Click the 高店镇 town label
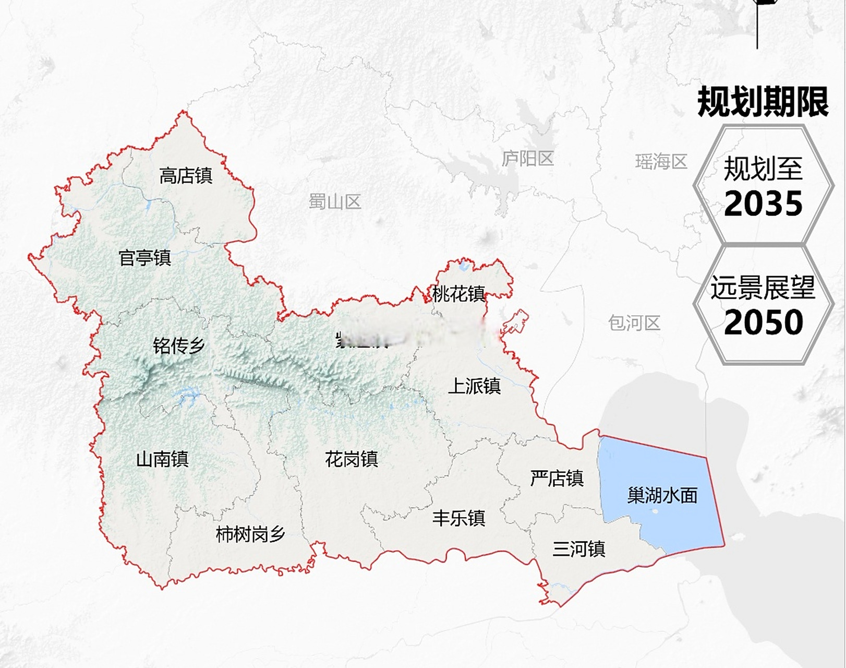pyautogui.click(x=186, y=176)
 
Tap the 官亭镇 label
pyautogui.click(x=145, y=258)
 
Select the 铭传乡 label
pyautogui.click(x=179, y=345)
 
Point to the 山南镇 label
pyautogui.click(x=162, y=459)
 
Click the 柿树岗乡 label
pyautogui.click(x=250, y=534)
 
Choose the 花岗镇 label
pyautogui.click(x=351, y=459)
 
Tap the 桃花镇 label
pyautogui.click(x=458, y=294)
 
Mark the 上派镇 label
pyautogui.click(x=474, y=386)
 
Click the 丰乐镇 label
pyautogui.click(x=458, y=518)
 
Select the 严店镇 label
pyautogui.click(x=557, y=478)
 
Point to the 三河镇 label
pyautogui.click(x=579, y=549)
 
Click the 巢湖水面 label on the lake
pyautogui.click(x=662, y=495)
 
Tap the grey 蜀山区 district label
pyautogui.click(x=335, y=201)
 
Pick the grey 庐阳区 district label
pyautogui.click(x=527, y=159)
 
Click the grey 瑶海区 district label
pyautogui.click(x=661, y=162)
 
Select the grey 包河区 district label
pyautogui.click(x=634, y=323)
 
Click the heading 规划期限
pyautogui.click(x=763, y=102)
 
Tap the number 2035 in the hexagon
pyautogui.click(x=763, y=204)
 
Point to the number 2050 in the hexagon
pyautogui.click(x=763, y=323)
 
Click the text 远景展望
pyautogui.click(x=763, y=288)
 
